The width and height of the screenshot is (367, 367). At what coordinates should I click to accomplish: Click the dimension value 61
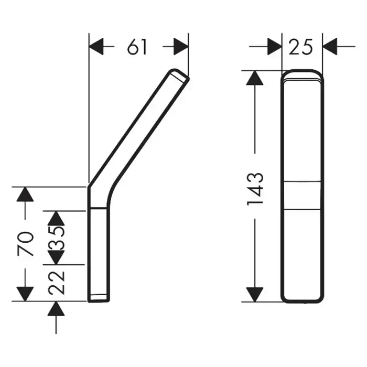(x=137, y=47)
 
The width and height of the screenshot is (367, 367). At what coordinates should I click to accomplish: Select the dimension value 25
(x=301, y=47)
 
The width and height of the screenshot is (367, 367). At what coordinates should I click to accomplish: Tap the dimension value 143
(x=255, y=189)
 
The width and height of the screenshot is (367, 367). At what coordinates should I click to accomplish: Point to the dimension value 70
(x=25, y=244)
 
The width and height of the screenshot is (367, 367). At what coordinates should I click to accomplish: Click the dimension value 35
(x=56, y=238)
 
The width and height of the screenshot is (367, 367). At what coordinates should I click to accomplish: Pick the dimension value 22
(x=56, y=283)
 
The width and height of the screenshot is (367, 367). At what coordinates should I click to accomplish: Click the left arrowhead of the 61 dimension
(x=96, y=47)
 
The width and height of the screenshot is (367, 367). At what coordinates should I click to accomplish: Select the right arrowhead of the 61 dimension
(x=181, y=47)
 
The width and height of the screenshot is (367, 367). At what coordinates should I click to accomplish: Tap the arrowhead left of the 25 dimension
(x=274, y=47)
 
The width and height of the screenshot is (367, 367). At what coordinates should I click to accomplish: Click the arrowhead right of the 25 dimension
(x=330, y=47)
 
